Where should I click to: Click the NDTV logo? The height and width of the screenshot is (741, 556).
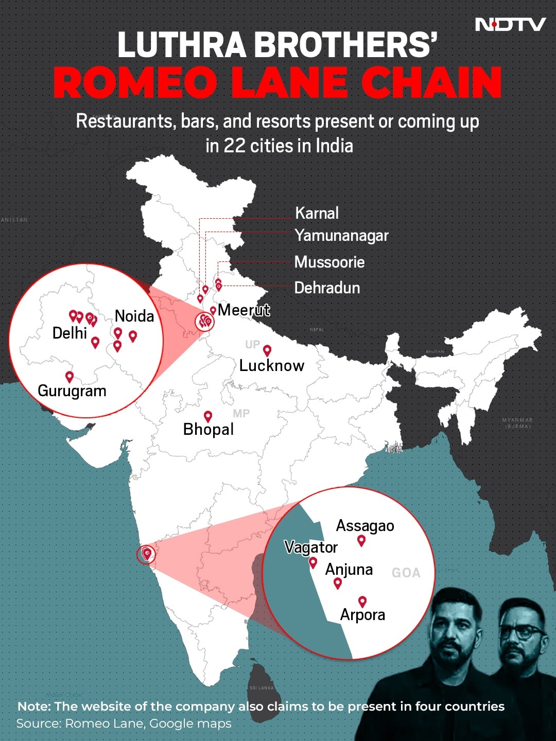(510, 24)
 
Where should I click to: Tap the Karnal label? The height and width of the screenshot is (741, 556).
(317, 213)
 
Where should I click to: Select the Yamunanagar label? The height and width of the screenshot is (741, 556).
(341, 236)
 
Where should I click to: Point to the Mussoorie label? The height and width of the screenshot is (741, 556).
(329, 262)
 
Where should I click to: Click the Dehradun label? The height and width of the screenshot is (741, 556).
(327, 288)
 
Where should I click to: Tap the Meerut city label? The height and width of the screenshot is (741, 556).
(244, 310)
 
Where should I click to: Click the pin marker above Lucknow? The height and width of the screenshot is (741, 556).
(267, 350)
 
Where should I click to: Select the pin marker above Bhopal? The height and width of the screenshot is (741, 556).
(208, 416)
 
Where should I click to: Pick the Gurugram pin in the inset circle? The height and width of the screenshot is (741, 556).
(69, 377)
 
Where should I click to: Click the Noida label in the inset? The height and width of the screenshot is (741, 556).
(134, 316)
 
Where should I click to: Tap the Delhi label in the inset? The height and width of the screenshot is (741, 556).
(69, 333)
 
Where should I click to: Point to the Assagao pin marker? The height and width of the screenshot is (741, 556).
(361, 540)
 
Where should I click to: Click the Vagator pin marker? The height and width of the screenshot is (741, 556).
(313, 562)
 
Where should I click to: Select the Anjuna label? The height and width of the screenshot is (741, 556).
(349, 570)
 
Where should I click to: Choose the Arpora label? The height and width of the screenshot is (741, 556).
(362, 615)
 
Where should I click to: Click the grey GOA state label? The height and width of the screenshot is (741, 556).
(406, 573)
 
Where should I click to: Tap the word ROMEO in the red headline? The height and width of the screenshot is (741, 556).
(135, 82)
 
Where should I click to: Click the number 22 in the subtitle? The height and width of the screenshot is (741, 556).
(234, 146)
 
